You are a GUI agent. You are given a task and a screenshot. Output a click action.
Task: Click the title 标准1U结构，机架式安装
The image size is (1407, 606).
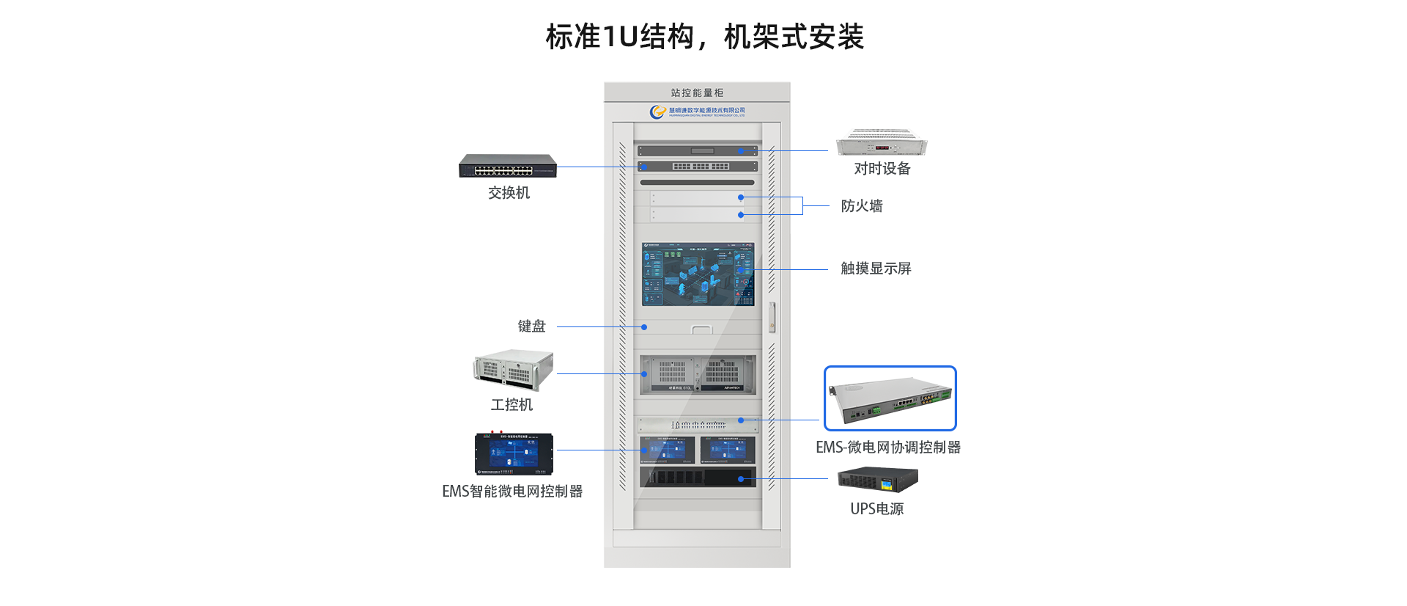pyautogui.click(x=704, y=37)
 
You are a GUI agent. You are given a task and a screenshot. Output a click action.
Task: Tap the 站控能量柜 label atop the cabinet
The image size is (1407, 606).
pyautogui.click(x=697, y=93)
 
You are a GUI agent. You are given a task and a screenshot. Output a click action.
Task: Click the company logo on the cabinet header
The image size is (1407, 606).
pyautogui.click(x=657, y=112)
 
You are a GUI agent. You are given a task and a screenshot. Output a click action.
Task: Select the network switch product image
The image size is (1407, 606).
pyautogui.click(x=508, y=166)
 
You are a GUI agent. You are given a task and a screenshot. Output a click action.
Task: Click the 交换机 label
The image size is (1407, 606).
pyautogui.click(x=509, y=193)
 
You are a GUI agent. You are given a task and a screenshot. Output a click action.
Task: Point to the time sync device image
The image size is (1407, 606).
pyautogui.click(x=882, y=142)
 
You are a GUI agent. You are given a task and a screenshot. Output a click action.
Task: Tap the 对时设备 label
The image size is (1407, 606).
pyautogui.click(x=882, y=169)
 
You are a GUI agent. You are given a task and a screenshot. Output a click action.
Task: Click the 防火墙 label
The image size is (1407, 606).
pyautogui.click(x=862, y=206)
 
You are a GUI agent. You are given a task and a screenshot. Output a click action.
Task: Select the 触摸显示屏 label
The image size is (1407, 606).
pyautogui.click(x=876, y=269)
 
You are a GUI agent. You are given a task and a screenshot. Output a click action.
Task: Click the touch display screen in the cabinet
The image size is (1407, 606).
pyautogui.click(x=698, y=274)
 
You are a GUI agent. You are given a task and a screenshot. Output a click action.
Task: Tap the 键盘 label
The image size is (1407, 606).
pyautogui.click(x=532, y=326)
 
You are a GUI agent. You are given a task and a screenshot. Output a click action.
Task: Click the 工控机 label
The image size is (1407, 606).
pyautogui.click(x=512, y=405)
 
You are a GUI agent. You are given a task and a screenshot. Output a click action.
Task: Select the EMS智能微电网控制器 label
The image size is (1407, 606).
pyautogui.click(x=512, y=492)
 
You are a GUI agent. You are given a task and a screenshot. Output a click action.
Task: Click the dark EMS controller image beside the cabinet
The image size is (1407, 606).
pyautogui.click(x=514, y=454)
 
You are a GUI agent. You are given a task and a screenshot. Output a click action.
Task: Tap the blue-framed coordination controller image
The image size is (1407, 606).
pyautogui.click(x=890, y=398)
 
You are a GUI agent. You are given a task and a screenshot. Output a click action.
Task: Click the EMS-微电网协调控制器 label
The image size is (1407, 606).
pyautogui.click(x=888, y=448)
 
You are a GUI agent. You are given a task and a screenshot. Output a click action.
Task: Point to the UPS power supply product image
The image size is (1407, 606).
pyautogui.click(x=878, y=480)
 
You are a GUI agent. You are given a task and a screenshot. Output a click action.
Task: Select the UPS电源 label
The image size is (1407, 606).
pyautogui.click(x=876, y=509)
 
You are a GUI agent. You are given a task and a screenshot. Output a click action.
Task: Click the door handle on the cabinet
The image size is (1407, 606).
pyautogui.click(x=772, y=317)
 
